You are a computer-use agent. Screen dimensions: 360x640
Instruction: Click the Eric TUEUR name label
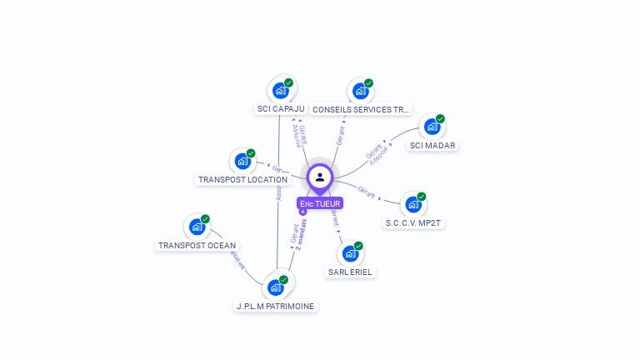point(320,203)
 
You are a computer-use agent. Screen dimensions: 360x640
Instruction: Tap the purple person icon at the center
point(320,177)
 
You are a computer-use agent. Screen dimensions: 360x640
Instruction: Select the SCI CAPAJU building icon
point(281,90)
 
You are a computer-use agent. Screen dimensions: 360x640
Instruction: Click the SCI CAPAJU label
point(280,109)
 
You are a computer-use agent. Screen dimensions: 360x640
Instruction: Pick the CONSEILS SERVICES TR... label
point(361,109)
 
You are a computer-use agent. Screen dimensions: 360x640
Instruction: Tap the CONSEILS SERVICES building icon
point(360,91)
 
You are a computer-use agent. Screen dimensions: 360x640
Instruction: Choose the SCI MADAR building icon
point(432,127)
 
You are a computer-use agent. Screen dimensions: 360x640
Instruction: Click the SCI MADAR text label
point(432,146)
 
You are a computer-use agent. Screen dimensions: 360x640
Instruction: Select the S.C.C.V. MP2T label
point(412,223)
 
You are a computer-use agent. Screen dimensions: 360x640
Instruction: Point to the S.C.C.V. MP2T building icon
point(412,204)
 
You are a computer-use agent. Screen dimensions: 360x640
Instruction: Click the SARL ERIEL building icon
point(350,253)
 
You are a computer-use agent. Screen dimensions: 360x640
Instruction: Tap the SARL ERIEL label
point(351,272)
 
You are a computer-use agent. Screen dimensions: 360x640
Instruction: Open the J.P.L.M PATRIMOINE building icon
point(276,287)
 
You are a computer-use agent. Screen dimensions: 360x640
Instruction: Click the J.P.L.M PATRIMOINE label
point(276,307)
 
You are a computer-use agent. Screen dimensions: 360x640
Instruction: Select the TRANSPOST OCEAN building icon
point(197,227)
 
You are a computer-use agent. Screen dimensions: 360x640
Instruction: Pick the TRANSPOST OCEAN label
point(197,246)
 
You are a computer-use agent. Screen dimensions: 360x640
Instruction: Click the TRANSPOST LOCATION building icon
point(242,161)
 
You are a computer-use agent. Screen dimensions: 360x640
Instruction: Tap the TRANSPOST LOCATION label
point(242,179)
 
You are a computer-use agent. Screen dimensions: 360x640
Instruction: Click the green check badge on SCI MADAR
point(441,118)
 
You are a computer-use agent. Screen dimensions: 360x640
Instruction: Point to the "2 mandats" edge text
point(301,234)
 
